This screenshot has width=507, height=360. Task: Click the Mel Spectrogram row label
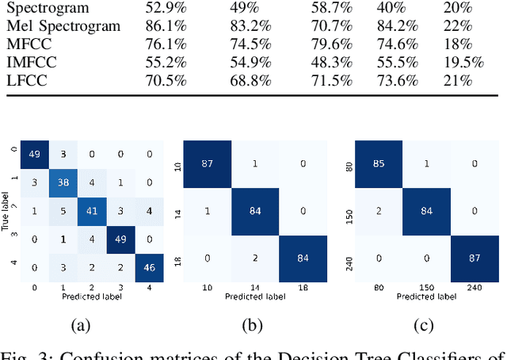click(x=64, y=26)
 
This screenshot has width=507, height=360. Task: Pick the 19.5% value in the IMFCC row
click(x=463, y=63)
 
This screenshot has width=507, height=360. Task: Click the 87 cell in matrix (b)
click(x=208, y=163)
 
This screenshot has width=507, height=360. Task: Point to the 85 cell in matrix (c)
click(x=378, y=163)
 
